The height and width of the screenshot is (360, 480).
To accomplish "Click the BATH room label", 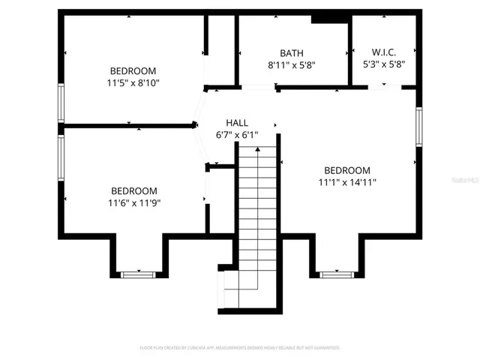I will (292, 53).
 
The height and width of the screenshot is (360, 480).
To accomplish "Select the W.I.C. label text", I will (383, 52).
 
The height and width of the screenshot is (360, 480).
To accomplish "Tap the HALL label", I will (237, 123).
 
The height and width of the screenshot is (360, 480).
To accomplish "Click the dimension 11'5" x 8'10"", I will (133, 83).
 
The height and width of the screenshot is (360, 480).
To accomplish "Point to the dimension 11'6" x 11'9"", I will (134, 202).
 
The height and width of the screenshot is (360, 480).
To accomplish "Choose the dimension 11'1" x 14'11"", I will (347, 182).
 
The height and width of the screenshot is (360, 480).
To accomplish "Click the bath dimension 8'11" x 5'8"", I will (292, 65).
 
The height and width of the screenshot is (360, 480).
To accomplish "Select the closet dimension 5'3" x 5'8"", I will (383, 64).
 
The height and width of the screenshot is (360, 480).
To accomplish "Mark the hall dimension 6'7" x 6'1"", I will (237, 135).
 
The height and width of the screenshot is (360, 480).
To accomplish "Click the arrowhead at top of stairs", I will (258, 150).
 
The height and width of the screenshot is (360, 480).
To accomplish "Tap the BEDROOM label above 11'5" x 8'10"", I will (133, 71).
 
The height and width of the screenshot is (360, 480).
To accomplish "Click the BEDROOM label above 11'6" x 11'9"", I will (134, 190).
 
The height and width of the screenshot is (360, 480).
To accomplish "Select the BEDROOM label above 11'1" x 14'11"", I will (347, 170).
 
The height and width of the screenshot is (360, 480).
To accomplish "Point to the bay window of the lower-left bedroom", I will (139, 274).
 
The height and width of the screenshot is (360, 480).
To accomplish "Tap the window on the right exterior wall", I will (419, 127).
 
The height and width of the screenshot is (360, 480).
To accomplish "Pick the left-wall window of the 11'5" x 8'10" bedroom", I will (61, 103).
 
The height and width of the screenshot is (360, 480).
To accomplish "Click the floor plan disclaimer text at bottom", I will (240, 348).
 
